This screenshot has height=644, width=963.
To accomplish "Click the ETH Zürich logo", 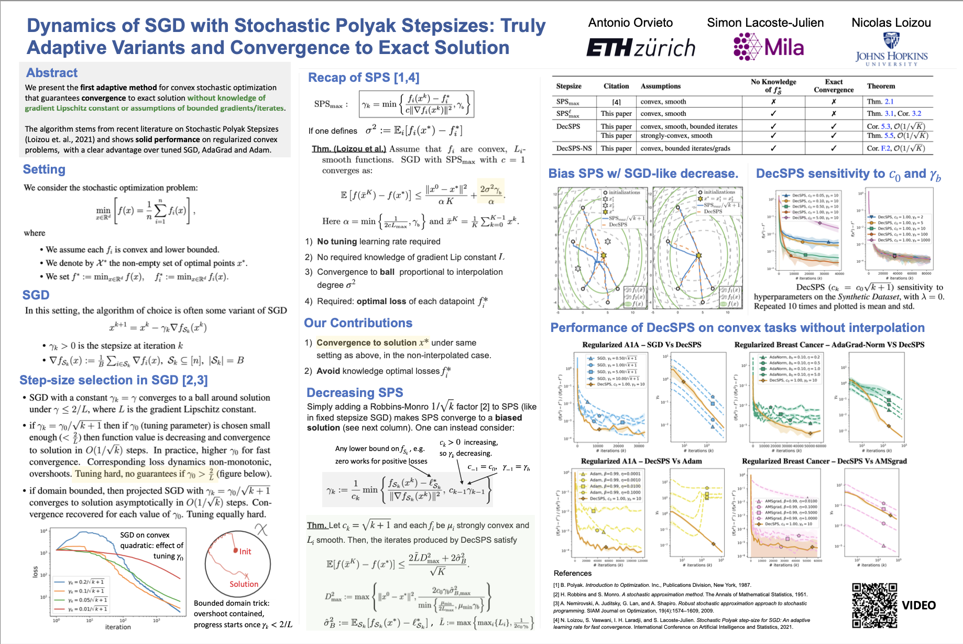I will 640,48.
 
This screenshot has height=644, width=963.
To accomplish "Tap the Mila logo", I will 769,47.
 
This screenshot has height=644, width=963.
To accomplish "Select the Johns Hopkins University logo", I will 891,50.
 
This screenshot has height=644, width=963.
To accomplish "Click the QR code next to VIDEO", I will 874,605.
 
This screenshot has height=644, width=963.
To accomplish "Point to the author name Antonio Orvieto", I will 630,23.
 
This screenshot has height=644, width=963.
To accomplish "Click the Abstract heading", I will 52,73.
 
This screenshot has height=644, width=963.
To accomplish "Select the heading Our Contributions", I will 358,323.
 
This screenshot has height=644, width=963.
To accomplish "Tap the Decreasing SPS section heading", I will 355,393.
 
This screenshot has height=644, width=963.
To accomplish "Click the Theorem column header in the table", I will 881,86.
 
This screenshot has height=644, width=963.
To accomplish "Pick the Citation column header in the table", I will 616,86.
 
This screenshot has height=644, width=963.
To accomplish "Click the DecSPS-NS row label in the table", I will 574,148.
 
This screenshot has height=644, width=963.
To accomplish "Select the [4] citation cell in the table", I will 616,102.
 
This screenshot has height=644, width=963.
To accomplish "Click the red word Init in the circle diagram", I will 245,552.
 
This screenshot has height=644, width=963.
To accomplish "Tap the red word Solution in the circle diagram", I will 244,584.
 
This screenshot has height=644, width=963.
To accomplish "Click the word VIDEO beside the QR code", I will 918,606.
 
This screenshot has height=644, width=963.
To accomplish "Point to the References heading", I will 572,573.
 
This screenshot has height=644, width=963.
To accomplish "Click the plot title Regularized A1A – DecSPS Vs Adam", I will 641,461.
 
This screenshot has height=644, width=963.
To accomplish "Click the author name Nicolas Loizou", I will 891,23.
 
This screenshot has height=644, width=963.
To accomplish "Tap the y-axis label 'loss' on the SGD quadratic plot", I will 36,572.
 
